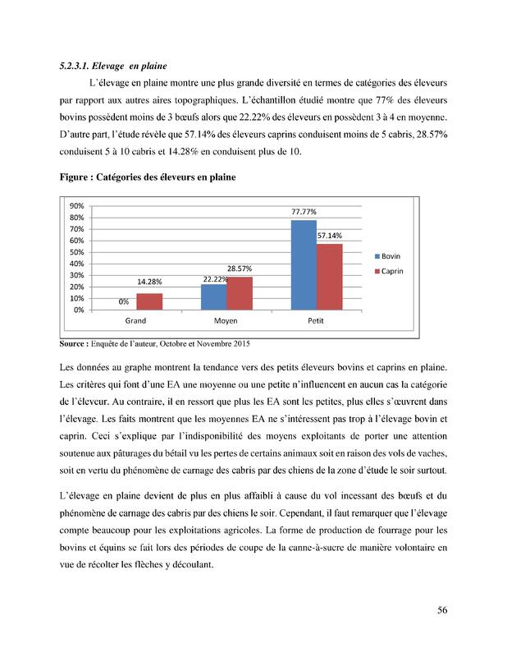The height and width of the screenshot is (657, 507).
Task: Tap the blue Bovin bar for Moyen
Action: pos(213,296)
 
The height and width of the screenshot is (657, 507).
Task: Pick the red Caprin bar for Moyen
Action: pos(239,293)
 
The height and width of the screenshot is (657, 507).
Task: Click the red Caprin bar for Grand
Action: pos(149,301)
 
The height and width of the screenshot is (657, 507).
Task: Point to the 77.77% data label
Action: pos(304,212)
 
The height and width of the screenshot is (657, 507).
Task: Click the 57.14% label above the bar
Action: pos(330,236)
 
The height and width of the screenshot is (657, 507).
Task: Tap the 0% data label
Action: pos(124,302)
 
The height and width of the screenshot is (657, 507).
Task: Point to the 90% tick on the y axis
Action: pos(76,206)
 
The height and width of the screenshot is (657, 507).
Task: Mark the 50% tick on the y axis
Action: pos(76,252)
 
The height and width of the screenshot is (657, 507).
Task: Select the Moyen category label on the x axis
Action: pos(226,321)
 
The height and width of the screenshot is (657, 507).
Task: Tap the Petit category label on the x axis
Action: pos(316,321)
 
